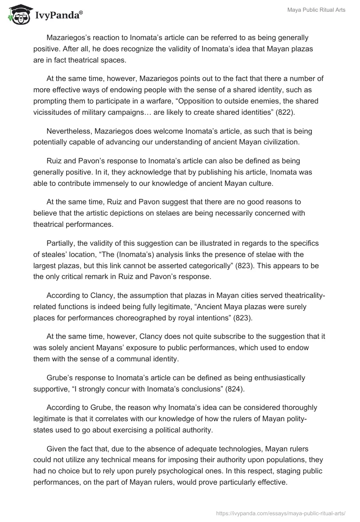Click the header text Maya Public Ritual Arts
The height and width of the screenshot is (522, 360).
(x=316, y=10)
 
